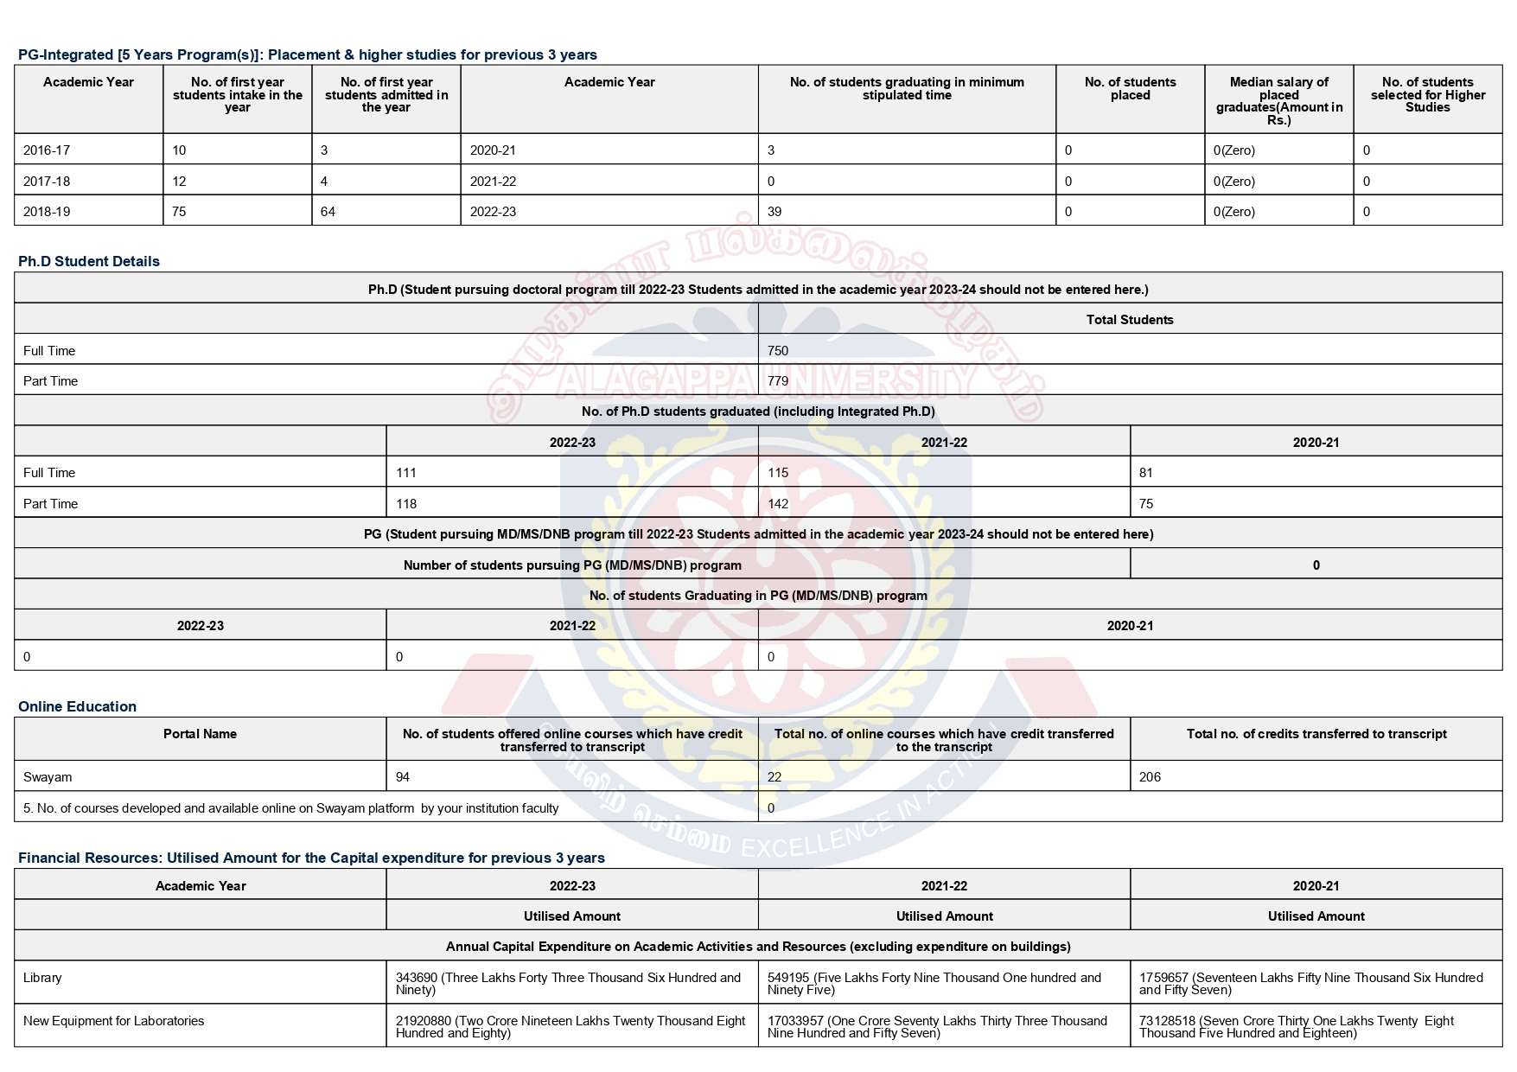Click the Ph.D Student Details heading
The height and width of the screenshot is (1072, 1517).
tap(89, 261)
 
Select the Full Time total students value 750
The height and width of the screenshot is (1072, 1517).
tap(778, 351)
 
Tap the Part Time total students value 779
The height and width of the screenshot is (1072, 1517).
tap(778, 381)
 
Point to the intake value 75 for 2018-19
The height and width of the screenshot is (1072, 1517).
tap(179, 212)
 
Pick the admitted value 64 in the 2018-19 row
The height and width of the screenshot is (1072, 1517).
tap(328, 212)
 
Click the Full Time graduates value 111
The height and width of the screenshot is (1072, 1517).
tap(406, 473)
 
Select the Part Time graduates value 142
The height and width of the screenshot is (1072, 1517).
tap(778, 504)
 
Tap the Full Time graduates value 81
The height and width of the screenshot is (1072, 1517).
tap(1146, 473)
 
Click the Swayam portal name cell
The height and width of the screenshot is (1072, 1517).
tap(48, 777)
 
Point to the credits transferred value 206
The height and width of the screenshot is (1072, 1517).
tap(1150, 777)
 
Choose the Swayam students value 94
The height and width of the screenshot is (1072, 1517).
tap(403, 777)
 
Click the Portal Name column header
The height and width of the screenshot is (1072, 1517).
tap(200, 734)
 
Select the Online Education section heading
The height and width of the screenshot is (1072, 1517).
tap(77, 706)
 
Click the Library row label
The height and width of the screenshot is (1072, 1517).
tap(42, 978)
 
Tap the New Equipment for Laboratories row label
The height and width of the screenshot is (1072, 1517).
tap(114, 1021)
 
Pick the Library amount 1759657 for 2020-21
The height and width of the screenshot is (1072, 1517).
tap(1310, 984)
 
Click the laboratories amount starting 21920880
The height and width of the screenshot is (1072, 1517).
tap(570, 1027)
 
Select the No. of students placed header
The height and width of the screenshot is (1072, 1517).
tap(1130, 88)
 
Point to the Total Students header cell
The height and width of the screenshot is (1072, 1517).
tap(1130, 320)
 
